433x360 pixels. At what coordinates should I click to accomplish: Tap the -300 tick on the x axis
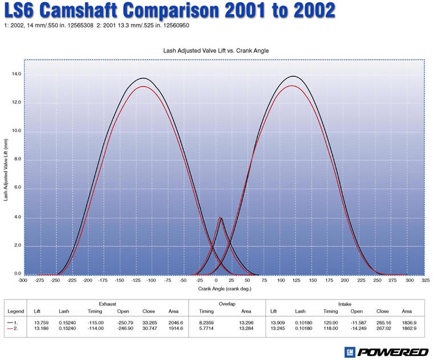[x=23, y=281]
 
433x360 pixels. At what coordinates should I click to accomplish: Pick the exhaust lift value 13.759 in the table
[x=42, y=322]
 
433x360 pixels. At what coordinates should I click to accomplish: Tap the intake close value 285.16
[x=383, y=322]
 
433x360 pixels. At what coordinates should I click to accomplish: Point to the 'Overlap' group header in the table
[x=227, y=304]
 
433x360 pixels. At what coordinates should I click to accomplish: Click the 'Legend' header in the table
[x=15, y=312]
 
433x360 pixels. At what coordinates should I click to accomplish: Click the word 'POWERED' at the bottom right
[x=394, y=351]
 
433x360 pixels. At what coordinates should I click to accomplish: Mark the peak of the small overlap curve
[x=220, y=218]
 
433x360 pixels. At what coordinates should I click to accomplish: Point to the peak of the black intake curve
[x=293, y=76]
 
